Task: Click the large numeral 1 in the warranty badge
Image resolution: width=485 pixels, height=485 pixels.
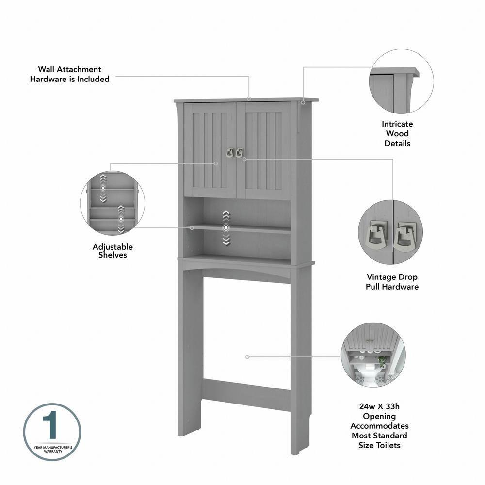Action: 52,426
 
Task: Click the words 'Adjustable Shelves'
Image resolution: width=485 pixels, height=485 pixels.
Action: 113,251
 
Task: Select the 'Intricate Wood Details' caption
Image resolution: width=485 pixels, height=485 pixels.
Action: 397,133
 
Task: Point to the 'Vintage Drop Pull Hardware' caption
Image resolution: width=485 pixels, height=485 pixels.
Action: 392,282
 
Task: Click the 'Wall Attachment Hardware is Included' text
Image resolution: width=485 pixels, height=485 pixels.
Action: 70,74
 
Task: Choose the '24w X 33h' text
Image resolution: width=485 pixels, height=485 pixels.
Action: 380,406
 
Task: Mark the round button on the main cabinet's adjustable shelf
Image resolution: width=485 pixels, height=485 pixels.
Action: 226,227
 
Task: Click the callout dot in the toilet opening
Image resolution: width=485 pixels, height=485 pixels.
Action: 247,356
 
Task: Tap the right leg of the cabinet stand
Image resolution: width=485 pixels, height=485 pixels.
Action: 301,359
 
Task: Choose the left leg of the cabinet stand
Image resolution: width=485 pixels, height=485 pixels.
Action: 193,359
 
